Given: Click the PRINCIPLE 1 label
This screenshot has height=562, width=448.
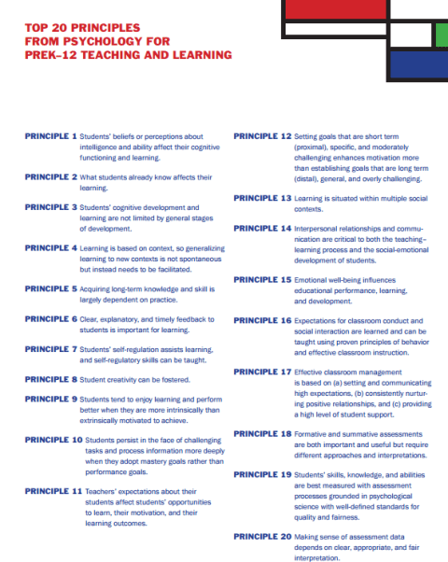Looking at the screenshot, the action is tap(50, 135).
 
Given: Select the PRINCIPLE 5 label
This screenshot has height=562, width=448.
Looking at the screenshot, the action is tap(50, 289).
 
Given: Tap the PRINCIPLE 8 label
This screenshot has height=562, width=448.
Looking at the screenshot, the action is tap(50, 379).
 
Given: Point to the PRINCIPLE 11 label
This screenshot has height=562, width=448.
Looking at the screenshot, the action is tap(53, 490).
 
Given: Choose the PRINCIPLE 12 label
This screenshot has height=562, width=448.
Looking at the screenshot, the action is tap(262, 135).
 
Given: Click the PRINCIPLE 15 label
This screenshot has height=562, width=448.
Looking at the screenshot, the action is tap(262, 279).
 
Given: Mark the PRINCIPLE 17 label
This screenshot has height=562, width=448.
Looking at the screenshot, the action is tap(262, 372).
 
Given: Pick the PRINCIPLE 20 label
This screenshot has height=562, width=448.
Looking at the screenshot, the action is tap(262, 537).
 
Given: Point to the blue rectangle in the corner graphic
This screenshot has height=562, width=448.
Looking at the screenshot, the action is tap(417, 64).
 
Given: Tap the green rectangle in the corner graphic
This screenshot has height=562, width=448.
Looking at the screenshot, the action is tap(441, 34).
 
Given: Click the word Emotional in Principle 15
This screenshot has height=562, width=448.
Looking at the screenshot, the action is tap(314, 279).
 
